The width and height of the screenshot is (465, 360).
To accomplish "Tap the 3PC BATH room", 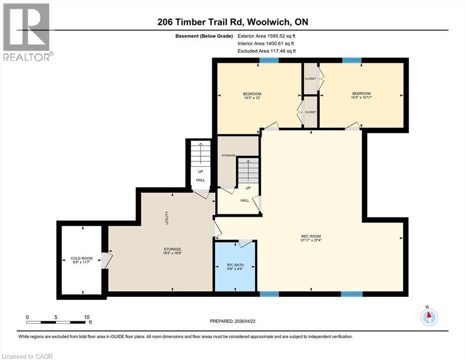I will pos(235,266).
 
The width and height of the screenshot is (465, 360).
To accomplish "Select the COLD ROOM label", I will pos(81,258).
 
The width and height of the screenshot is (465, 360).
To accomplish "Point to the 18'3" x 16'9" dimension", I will pos(172,254).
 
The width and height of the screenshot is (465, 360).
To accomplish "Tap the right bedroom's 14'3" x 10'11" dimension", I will pos(362,98).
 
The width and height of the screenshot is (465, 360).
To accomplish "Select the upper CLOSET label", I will pos(310,78).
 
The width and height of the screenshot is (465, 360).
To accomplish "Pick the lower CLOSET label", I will pos(310,112).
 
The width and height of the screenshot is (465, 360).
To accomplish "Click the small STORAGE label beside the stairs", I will pos(229,155).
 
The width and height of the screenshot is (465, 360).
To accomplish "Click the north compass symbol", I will pos(429,317).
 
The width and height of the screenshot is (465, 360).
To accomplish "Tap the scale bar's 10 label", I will pos(87,317).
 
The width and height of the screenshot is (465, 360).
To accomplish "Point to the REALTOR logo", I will pos(26,32).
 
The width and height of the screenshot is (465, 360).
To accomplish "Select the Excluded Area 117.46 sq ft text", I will pos(266,51).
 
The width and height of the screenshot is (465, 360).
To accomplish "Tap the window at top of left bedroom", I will pos(269,60).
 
